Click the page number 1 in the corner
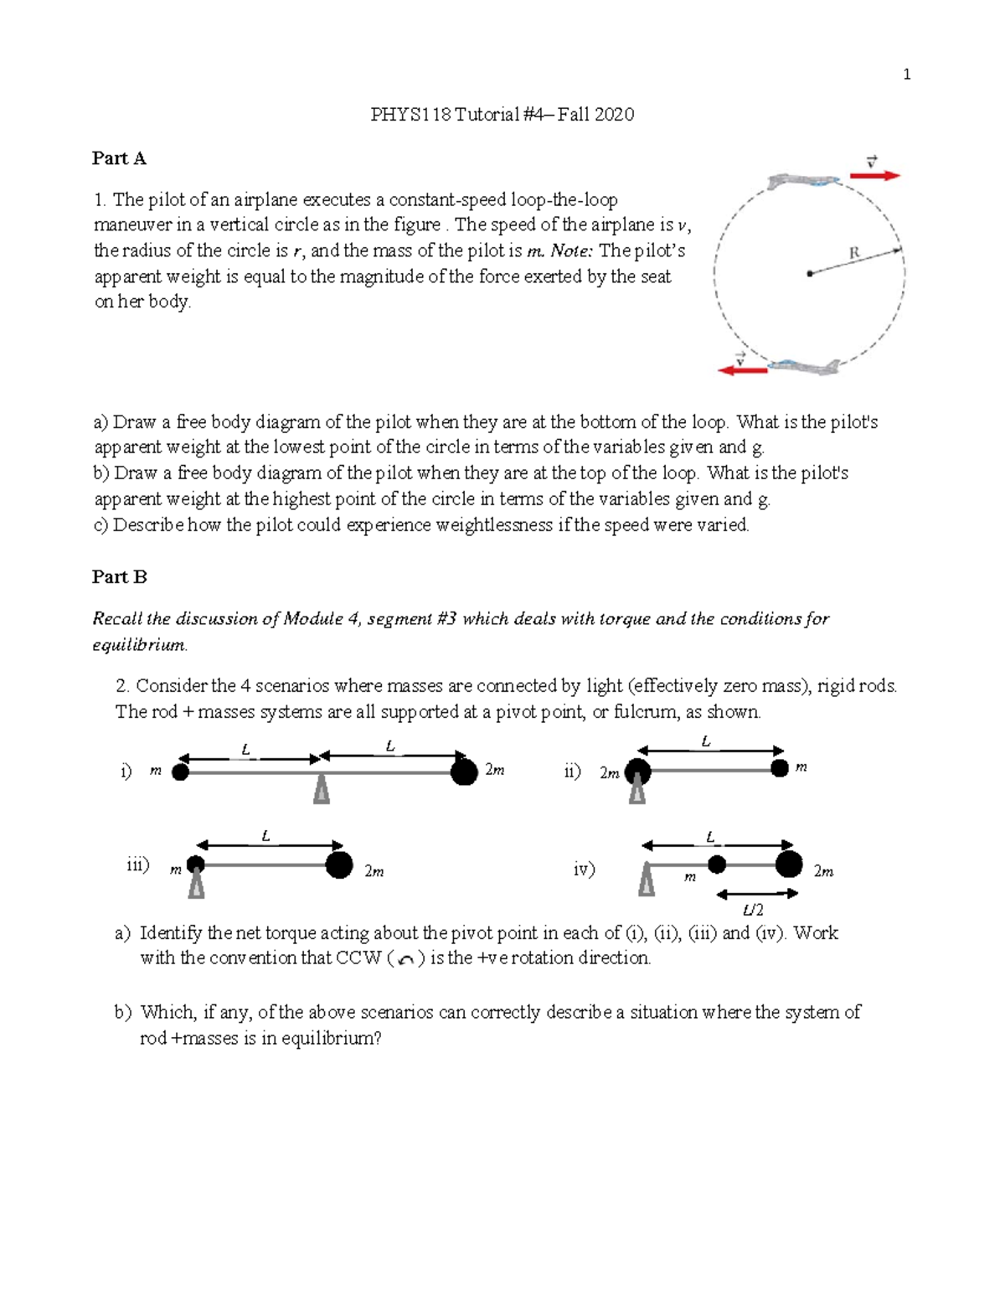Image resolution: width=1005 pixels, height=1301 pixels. [906, 75]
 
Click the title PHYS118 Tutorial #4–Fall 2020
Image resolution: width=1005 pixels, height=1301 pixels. [502, 115]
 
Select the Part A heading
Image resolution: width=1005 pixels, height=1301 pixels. [119, 158]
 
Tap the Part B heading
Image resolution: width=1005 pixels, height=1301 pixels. [119, 577]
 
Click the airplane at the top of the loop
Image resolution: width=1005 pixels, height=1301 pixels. [803, 179]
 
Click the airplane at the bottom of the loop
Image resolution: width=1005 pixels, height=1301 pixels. [803, 366]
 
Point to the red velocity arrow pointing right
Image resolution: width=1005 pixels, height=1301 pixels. [875, 175]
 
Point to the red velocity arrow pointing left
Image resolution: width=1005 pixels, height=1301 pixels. [743, 369]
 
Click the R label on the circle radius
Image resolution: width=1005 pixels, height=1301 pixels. [854, 252]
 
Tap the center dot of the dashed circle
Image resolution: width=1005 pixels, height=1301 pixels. [809, 273]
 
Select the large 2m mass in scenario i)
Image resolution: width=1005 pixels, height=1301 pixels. [464, 772]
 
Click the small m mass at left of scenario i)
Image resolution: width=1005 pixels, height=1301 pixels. [180, 772]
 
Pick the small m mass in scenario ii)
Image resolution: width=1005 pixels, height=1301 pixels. [780, 768]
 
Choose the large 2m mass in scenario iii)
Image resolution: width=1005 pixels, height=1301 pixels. [339, 865]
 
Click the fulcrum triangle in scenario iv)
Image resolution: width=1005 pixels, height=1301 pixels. [647, 880]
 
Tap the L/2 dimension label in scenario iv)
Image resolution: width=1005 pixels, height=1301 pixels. [753, 911]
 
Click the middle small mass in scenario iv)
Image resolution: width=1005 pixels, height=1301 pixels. [717, 865]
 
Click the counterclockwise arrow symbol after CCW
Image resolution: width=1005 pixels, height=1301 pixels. [406, 960]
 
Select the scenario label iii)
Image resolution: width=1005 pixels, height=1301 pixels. [137, 865]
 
